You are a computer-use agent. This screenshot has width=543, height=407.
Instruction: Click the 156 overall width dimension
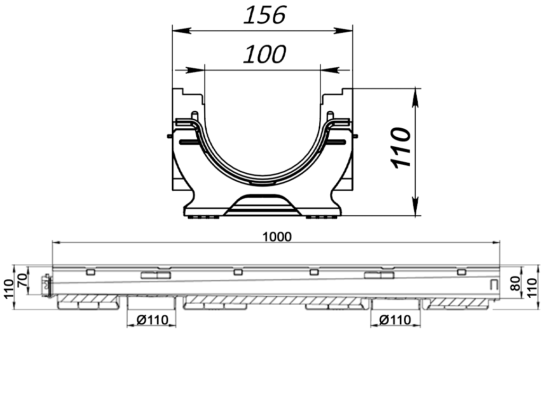coord(265,15)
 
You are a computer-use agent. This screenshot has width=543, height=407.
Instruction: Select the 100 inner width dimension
coord(265,54)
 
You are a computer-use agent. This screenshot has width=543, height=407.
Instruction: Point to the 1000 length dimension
coord(277,236)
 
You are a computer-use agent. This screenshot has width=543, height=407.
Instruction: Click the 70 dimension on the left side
coord(22,280)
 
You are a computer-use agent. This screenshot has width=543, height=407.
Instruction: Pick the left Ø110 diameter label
coord(152,320)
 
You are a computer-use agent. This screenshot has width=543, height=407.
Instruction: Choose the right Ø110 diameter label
coord(396,320)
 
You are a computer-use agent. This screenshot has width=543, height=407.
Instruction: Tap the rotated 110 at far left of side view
coord(8,289)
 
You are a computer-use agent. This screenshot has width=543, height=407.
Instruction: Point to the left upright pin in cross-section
coord(195,116)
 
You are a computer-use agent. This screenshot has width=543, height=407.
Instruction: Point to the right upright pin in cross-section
coord(330,116)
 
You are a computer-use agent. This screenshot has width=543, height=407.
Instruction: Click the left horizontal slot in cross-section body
coord(188,143)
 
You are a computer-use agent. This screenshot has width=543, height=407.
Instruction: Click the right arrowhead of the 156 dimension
coord(347,30)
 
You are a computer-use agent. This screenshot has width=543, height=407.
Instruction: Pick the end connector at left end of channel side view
coord(47,285)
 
